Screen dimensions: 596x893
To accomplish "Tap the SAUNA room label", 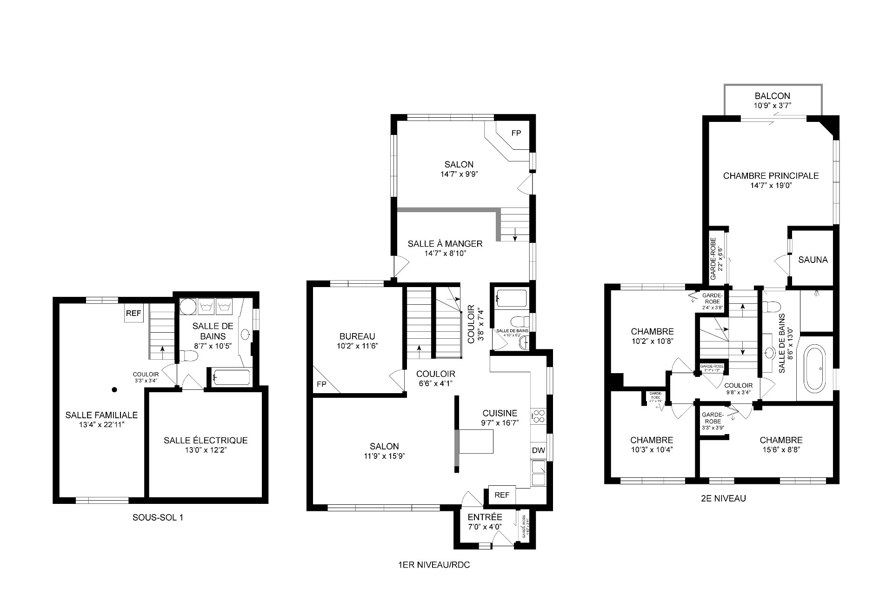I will (813, 260).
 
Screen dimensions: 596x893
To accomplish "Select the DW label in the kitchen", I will (538, 450).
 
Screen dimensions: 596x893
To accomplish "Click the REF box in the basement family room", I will (133, 314).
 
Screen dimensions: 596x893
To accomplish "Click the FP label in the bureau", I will (321, 384).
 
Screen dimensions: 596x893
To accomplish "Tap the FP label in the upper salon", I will (516, 133).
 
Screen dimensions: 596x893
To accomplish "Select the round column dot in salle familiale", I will (114, 390).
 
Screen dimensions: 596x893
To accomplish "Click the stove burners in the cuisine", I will (539, 416).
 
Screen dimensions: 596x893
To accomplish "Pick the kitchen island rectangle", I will (476, 442).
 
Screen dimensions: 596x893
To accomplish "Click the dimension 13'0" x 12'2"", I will (205, 450).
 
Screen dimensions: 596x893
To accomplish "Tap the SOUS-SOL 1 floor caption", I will (158, 517).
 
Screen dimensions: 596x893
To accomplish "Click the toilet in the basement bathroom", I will (191, 356).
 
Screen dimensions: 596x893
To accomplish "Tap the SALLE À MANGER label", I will (445, 244).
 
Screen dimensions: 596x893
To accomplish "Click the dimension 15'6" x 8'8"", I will (781, 450).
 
